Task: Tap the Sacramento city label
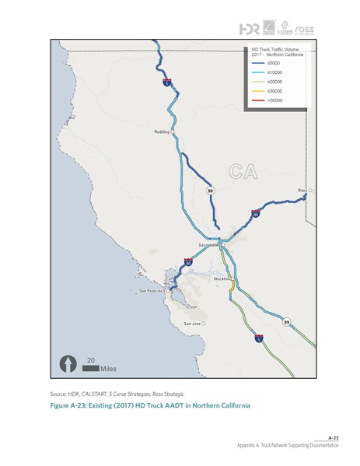(210, 244)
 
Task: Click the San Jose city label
(192, 323)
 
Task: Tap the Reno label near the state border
(302, 190)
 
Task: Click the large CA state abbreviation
(245, 170)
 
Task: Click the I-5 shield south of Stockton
(259, 338)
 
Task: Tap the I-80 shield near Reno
(255, 213)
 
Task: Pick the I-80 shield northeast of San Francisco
(188, 264)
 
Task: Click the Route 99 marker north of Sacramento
(210, 190)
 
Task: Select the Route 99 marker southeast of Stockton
(286, 322)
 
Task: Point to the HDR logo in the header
(250, 29)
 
